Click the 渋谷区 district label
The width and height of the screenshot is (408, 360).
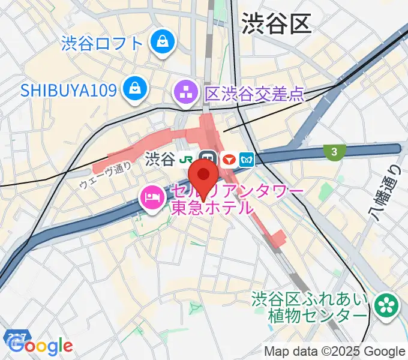click(x=277, y=24)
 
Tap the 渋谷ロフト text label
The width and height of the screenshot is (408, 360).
click(x=102, y=43)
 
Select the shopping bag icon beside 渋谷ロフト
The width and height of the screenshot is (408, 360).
click(x=162, y=42)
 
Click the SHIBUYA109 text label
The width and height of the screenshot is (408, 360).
click(x=67, y=91)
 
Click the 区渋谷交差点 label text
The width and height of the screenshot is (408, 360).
click(x=254, y=93)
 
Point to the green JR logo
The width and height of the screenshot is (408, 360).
click(x=187, y=159)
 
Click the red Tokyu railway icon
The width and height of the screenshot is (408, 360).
click(x=228, y=160)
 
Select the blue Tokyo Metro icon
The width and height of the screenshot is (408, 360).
click(x=248, y=160)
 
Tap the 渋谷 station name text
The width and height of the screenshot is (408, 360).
click(x=160, y=159)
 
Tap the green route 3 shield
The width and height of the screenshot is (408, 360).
click(x=334, y=152)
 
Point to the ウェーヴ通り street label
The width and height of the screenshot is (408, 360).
click(x=105, y=177)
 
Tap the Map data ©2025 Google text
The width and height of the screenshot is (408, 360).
click(x=335, y=352)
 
